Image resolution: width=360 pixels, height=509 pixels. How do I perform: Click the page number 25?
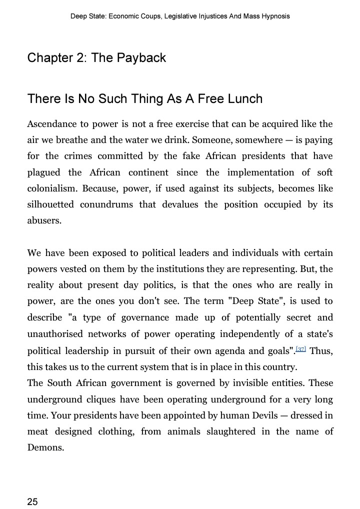point(32,501)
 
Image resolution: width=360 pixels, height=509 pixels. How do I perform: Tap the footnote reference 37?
point(300,348)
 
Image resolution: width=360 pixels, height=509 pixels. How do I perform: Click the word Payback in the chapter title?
point(142,58)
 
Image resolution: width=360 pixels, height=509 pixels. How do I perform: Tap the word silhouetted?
point(50,204)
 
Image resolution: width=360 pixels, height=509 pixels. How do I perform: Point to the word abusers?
point(43,220)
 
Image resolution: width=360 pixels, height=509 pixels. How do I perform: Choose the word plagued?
point(43,172)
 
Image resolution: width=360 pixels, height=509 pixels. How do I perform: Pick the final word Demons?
point(45,447)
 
